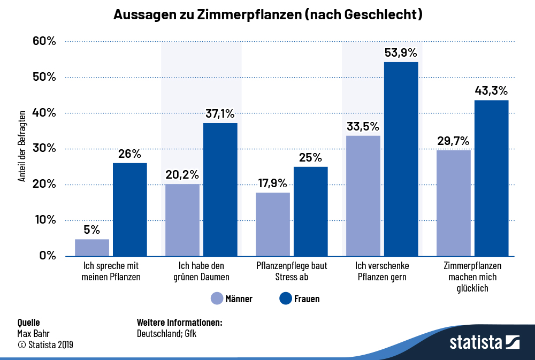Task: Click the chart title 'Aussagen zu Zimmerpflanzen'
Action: tap(268, 16)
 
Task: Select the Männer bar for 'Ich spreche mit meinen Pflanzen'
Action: tap(92, 247)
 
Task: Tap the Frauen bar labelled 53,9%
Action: tap(401, 159)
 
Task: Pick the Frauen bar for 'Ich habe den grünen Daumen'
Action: tap(220, 189)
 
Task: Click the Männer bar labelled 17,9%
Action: tap(273, 224)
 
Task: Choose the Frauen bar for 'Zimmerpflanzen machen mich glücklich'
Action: tap(491, 178)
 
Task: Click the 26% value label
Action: tap(129, 154)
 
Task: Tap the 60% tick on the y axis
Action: tap(44, 41)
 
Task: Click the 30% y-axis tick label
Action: tap(44, 149)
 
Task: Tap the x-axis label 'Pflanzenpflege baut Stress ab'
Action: tap(292, 271)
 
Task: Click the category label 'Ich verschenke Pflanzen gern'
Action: tap(382, 271)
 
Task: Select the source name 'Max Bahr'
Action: tap(31, 334)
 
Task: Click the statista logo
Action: tap(484, 342)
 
